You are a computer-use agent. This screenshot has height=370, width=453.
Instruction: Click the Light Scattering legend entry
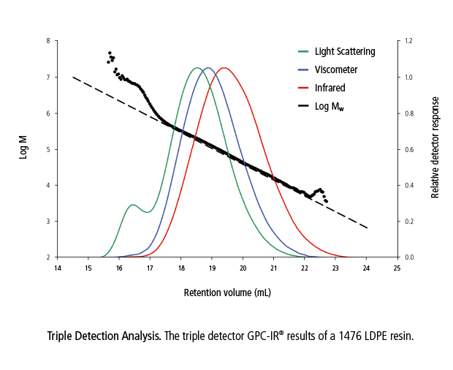[345, 52]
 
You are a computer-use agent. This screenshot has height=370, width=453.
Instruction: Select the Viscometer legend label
[336, 69]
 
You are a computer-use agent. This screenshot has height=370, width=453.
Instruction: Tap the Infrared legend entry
[330, 88]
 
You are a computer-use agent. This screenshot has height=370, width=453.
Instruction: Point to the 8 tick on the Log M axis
[47, 41]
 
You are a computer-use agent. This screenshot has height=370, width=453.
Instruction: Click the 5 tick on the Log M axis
[47, 149]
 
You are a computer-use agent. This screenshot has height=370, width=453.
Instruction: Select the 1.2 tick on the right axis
[410, 41]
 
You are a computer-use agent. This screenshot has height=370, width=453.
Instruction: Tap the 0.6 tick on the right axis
[410, 149]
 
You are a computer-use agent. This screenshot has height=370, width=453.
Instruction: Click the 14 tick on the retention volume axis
[57, 268]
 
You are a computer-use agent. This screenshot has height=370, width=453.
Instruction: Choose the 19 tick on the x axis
[212, 268]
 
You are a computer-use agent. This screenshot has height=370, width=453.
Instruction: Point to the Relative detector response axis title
[435, 147]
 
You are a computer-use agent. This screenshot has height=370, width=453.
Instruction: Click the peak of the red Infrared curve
[224, 68]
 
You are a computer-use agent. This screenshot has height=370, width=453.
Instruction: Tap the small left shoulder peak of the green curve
[132, 205]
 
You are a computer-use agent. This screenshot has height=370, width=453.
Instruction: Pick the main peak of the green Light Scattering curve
[196, 68]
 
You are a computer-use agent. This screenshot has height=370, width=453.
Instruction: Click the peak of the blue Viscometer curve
[208, 68]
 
